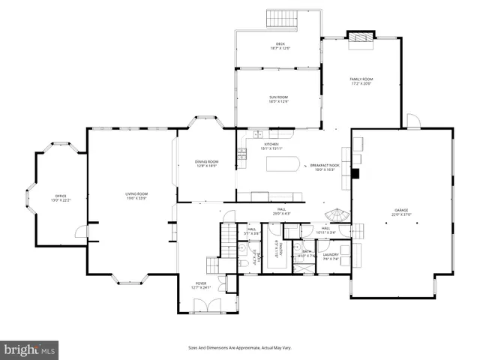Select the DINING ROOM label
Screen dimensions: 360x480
click(x=206, y=163)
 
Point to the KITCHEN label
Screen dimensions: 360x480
click(x=271, y=146)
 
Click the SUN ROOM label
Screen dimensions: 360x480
click(x=279, y=99)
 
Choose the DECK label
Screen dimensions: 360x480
click(x=279, y=47)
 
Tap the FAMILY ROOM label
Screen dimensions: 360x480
click(x=361, y=81)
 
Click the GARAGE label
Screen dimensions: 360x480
click(x=403, y=212)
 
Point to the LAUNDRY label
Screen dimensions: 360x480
click(x=331, y=256)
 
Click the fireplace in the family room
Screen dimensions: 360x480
click(x=360, y=38)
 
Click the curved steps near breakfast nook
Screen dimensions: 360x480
click(x=340, y=215)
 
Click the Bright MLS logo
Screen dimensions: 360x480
click(x=30, y=349)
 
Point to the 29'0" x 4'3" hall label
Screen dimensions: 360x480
click(x=281, y=212)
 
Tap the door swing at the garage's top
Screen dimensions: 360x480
click(x=412, y=121)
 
